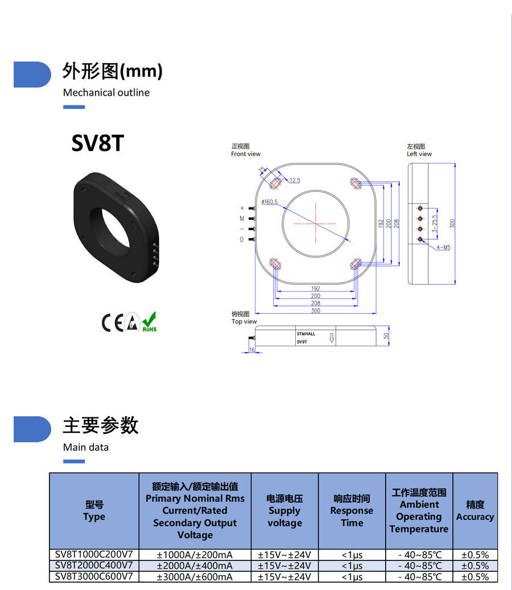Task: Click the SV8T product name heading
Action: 97,144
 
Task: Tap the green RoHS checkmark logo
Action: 150,322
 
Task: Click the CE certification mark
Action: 112,323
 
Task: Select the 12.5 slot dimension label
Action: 294,181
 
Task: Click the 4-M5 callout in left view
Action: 443,248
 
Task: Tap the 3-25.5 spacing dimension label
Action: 435,224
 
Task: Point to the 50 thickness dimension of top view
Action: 386,337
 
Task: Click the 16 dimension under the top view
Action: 252,350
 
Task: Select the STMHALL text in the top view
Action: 305,334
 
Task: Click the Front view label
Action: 246,154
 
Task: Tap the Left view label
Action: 419,154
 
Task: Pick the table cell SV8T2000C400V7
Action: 94,566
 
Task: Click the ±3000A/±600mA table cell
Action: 195,577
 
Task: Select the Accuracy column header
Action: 475,511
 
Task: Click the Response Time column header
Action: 352,511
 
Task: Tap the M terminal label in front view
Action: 242,219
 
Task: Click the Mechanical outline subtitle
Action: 106,93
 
